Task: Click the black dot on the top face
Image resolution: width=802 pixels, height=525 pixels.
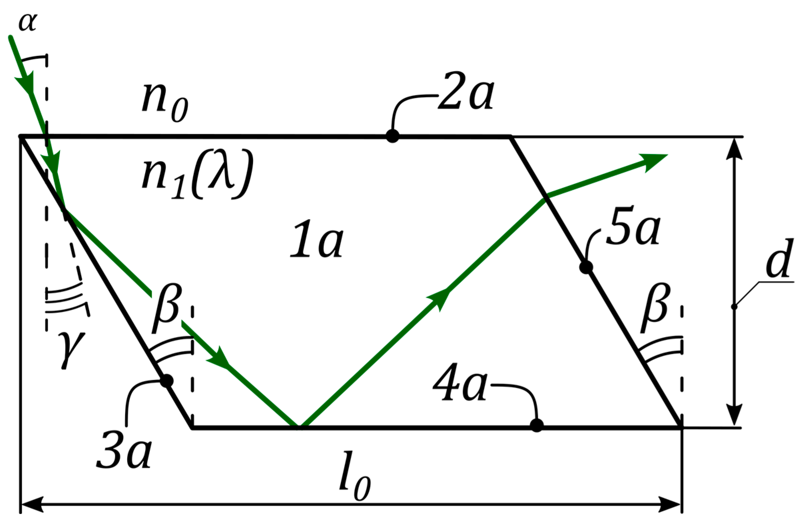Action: click(392, 136)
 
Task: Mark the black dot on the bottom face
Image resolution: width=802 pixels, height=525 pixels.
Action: click(536, 425)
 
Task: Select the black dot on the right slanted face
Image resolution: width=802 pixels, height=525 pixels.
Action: click(586, 267)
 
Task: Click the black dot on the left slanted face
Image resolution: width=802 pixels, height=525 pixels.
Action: click(166, 381)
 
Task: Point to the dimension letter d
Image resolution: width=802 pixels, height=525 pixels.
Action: click(779, 259)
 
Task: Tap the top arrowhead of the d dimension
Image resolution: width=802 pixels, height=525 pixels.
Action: click(734, 148)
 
